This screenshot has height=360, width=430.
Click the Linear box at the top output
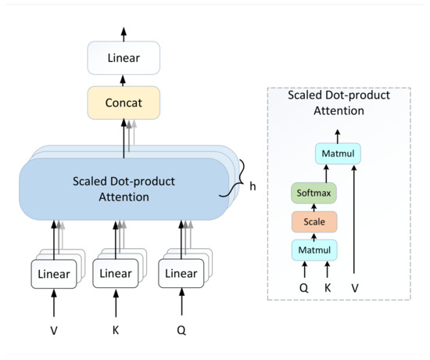coord(123,58)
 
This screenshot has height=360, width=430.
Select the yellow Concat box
coord(123,102)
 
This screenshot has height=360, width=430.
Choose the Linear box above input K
coord(116,274)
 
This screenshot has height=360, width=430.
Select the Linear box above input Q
coord(181,274)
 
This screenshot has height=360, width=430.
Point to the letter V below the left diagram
coord(54,330)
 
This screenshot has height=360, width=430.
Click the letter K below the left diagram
coord(116,330)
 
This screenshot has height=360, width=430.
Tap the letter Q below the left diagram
coord(181,330)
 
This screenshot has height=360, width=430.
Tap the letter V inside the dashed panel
coord(356,287)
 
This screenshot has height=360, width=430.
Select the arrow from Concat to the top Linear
coord(123,80)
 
